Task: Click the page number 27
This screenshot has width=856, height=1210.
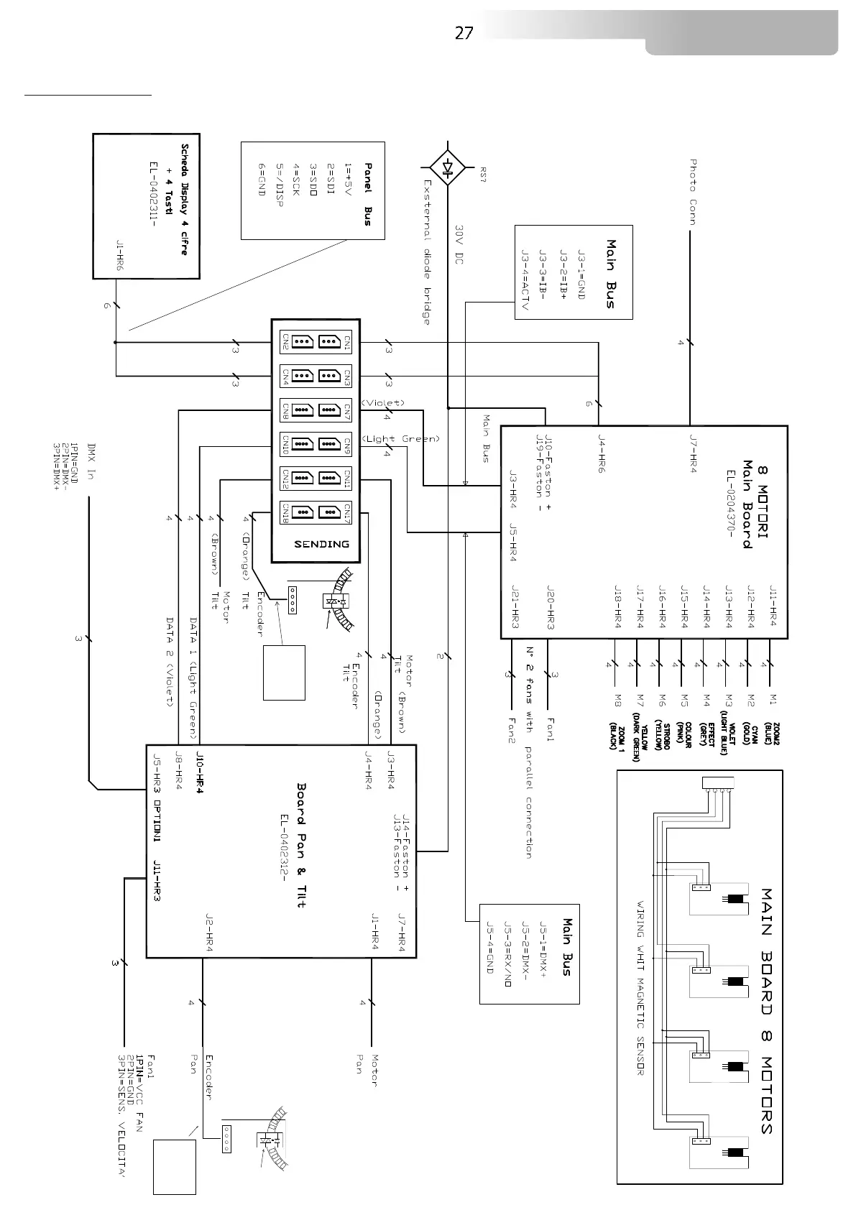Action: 464,33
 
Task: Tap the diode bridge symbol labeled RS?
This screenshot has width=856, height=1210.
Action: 447,170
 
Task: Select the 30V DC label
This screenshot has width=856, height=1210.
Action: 459,244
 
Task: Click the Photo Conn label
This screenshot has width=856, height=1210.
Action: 693,192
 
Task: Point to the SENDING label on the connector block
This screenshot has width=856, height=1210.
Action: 322,544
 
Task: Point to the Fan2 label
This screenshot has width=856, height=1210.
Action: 512,729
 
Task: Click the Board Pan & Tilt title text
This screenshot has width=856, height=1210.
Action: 302,845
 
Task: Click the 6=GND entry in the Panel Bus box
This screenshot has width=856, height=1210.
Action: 262,177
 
